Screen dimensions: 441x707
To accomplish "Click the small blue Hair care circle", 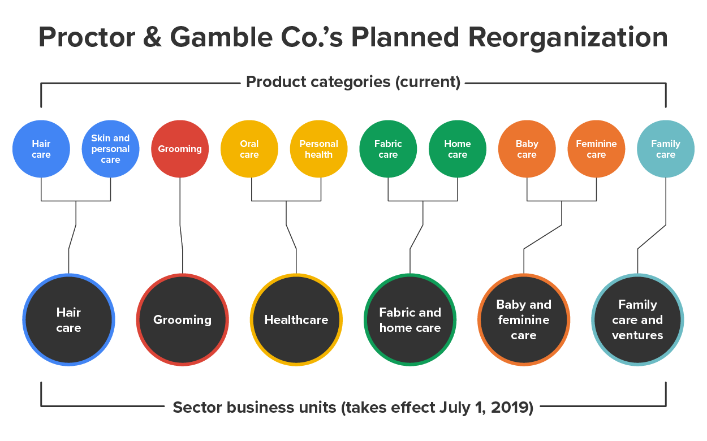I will [x=41, y=149].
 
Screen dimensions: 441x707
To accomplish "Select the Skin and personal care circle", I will [x=110, y=149].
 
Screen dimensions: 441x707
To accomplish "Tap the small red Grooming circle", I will [x=180, y=149].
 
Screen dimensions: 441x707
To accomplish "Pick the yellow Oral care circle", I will [x=249, y=149].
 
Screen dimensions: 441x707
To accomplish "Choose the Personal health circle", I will [x=319, y=149].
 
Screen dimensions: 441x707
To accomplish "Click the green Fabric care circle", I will [x=388, y=149].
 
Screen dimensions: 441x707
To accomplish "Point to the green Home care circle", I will [x=458, y=149].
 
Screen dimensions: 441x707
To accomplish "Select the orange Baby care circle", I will [x=527, y=149].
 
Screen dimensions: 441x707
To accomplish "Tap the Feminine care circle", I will [x=596, y=149].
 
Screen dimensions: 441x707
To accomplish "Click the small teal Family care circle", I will [x=666, y=149].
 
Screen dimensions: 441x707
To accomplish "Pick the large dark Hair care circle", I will [x=68, y=320].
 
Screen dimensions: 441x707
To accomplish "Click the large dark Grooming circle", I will [x=182, y=320].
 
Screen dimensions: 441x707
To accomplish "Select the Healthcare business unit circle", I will [x=296, y=320].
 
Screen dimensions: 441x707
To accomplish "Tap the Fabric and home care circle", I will [x=410, y=320].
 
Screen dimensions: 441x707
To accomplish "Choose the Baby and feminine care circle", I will [x=524, y=320].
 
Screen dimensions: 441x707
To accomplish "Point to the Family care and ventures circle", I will [x=637, y=320].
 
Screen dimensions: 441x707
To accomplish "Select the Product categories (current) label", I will [x=353, y=82].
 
